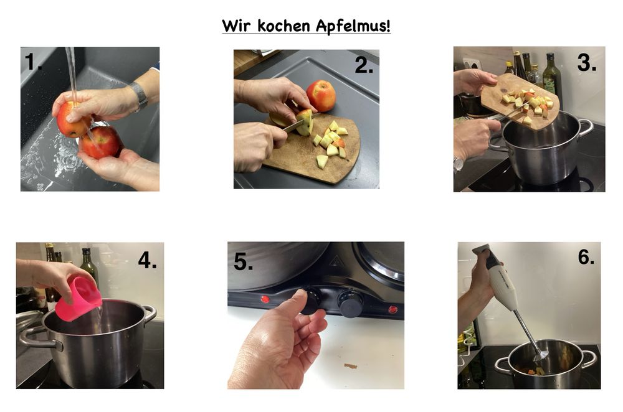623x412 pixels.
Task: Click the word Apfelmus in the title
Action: tap(353, 26)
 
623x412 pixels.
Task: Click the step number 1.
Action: tap(33, 62)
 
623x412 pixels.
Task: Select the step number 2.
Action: tap(364, 65)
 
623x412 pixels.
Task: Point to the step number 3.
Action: tap(586, 62)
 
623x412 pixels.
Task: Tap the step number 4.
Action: tap(148, 260)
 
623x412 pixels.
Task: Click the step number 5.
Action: tap(243, 261)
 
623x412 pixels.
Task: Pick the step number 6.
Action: tap(586, 257)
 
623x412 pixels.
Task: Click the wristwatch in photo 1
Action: tap(139, 96)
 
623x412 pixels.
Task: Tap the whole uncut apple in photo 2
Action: tap(321, 96)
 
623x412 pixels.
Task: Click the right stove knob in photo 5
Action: tap(350, 304)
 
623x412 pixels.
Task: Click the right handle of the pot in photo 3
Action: tap(585, 128)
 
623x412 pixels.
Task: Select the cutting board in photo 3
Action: tap(520, 101)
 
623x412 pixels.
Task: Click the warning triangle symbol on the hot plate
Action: tap(336, 261)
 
